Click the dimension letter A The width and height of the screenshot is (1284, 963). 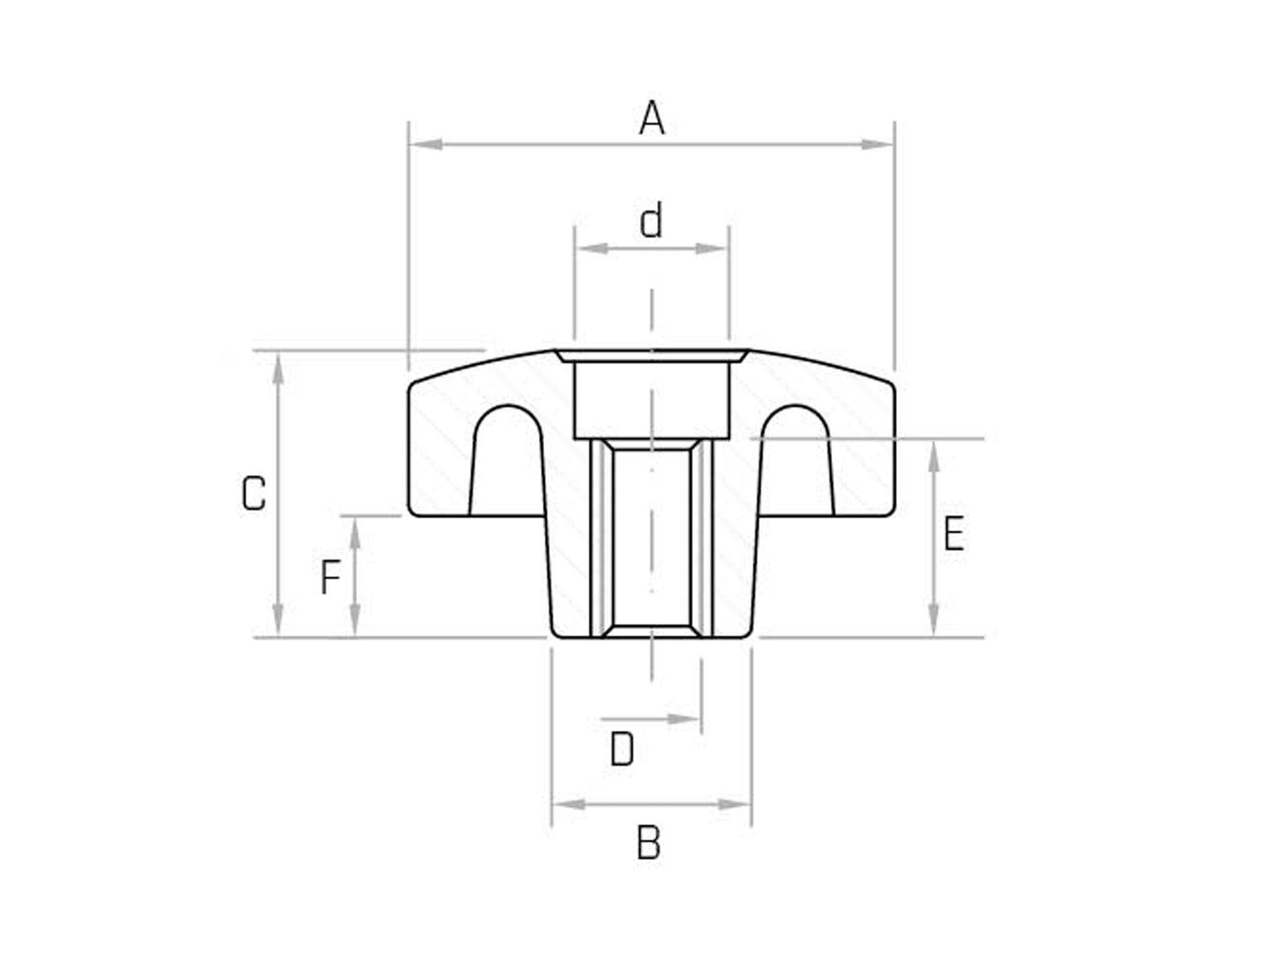(652, 119)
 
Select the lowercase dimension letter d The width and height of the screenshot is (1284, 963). (652, 221)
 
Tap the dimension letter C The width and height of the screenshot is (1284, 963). (253, 494)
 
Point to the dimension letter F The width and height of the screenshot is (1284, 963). (330, 578)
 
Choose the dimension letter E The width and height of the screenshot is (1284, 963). (953, 534)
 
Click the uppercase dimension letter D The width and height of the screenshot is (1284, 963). (622, 750)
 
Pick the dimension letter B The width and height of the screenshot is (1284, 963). (648, 843)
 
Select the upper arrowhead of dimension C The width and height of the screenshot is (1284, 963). (278, 369)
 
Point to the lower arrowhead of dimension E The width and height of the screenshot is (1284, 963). (934, 620)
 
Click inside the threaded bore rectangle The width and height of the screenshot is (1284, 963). (651, 538)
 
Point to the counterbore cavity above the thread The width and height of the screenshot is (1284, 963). (651, 399)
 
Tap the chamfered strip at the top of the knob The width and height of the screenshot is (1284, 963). (651, 355)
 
